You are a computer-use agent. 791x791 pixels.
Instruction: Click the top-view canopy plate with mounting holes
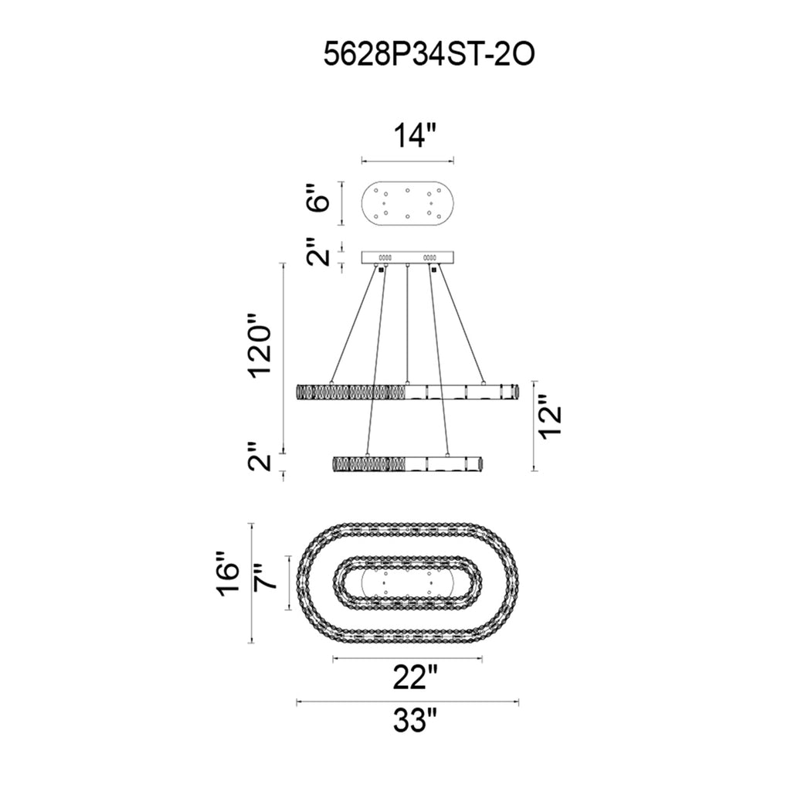408,204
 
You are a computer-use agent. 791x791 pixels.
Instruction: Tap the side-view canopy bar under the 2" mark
408,258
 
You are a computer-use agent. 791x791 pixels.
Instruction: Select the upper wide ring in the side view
408,392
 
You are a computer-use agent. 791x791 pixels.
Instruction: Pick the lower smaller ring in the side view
408,464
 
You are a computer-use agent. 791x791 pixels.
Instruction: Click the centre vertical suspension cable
407,324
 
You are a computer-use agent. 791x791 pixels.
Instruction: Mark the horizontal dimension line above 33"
408,702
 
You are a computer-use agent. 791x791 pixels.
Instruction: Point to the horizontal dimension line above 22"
408,659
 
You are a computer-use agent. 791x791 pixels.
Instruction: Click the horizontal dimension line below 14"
408,161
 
